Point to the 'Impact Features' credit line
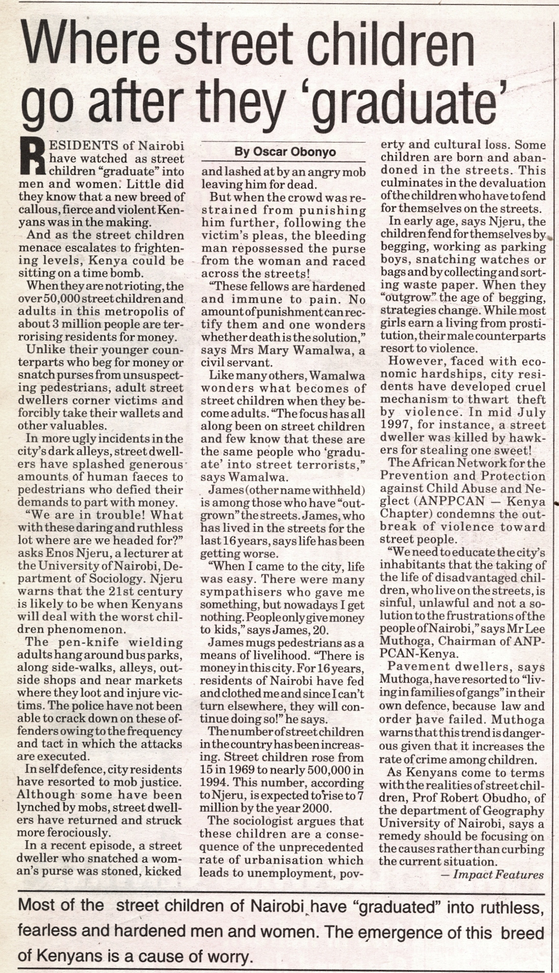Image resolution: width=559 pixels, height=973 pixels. point(498,875)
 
